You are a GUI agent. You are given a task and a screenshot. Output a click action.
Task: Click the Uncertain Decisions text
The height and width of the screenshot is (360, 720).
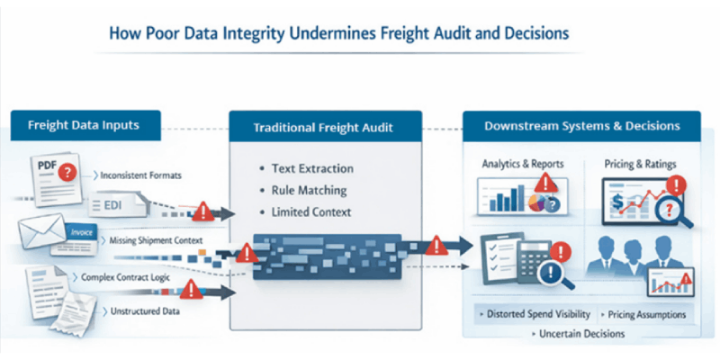click(579, 334)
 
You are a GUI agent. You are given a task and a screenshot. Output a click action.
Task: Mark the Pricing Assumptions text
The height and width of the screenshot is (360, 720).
click(645, 314)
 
